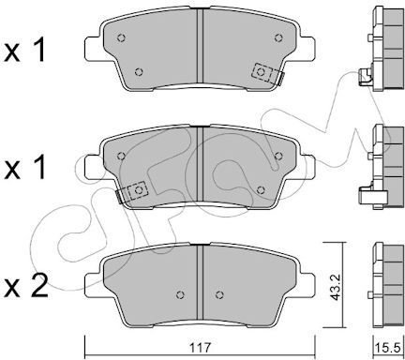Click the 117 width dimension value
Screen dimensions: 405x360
point(201,348)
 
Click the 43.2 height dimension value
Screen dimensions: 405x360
point(336,285)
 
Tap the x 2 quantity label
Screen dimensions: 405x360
point(25,286)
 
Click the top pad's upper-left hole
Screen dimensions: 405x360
point(121,38)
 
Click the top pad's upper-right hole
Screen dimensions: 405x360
point(278,37)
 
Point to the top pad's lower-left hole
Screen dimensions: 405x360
point(139,72)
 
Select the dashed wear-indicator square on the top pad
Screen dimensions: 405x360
point(261,72)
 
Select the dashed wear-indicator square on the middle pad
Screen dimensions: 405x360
point(138,190)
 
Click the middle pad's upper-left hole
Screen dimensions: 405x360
point(121,156)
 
